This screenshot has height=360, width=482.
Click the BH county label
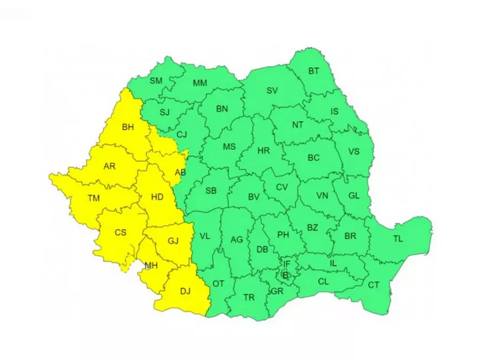(x=128, y=127)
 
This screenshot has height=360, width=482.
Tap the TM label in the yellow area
(x=94, y=198)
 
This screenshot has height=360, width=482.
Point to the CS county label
(x=121, y=233)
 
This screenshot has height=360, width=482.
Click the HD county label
(x=157, y=196)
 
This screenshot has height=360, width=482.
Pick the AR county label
(x=109, y=165)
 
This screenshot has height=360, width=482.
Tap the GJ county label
(x=173, y=241)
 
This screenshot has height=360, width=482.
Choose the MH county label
(x=151, y=265)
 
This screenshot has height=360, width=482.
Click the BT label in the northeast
(x=314, y=71)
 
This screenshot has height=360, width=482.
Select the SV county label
(x=271, y=90)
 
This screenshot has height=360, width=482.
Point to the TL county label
(x=398, y=239)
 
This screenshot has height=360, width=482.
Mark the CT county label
(x=374, y=285)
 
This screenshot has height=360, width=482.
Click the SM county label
(x=156, y=81)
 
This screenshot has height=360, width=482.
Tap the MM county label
(x=199, y=83)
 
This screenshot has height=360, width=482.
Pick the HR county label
(x=263, y=150)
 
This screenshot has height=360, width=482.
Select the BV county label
(x=254, y=197)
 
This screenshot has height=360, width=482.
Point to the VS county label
(x=353, y=151)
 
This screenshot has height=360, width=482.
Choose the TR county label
(x=249, y=298)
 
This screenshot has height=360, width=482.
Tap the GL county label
(x=353, y=195)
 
